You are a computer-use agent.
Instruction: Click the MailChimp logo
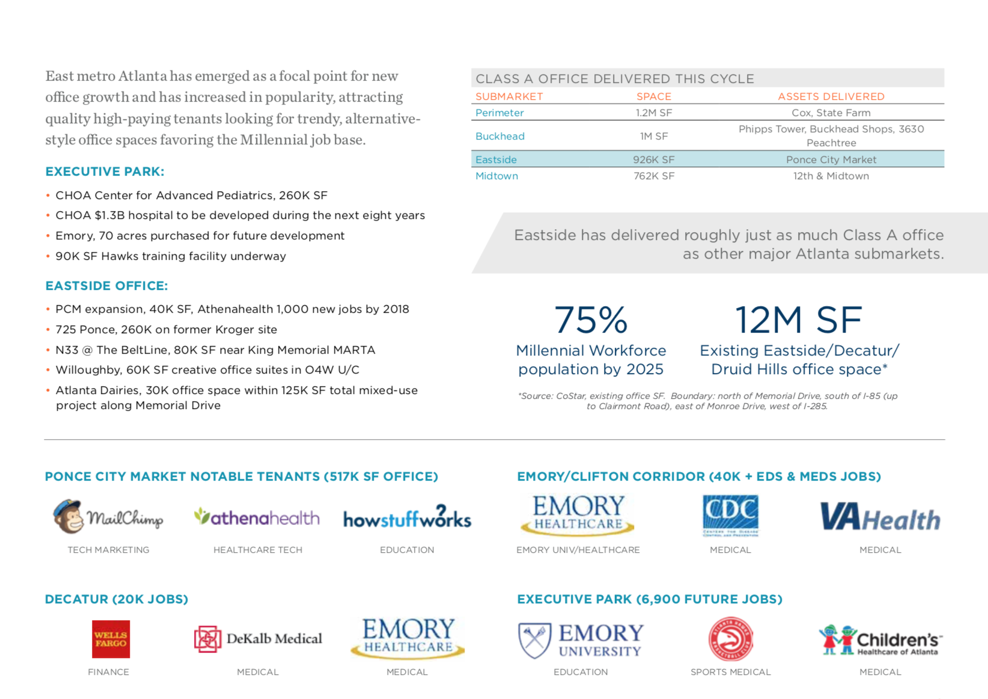[108, 517]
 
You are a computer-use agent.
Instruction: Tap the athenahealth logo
[257, 517]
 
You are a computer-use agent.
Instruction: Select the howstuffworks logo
[407, 518]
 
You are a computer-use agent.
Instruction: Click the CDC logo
[730, 515]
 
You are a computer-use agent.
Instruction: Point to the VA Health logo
[880, 518]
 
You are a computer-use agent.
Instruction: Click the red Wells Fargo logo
[111, 639]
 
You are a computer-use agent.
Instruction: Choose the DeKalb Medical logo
[258, 639]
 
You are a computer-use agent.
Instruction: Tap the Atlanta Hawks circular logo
[730, 639]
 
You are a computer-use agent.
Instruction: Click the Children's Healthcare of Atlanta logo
[880, 640]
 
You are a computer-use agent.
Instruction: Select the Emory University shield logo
[535, 640]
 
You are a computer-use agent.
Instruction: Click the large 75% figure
[591, 319]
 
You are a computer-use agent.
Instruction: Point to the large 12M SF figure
[799, 319]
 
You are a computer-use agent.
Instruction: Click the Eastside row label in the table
[496, 159]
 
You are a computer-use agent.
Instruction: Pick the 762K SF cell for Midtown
[654, 176]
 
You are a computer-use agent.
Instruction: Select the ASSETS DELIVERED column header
[831, 96]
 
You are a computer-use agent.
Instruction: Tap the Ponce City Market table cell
[831, 159]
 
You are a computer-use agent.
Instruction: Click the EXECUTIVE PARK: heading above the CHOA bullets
[105, 171]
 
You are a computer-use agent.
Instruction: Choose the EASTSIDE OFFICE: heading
[106, 286]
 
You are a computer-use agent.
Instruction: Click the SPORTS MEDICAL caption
[730, 672]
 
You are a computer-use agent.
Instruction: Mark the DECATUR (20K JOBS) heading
[117, 599]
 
